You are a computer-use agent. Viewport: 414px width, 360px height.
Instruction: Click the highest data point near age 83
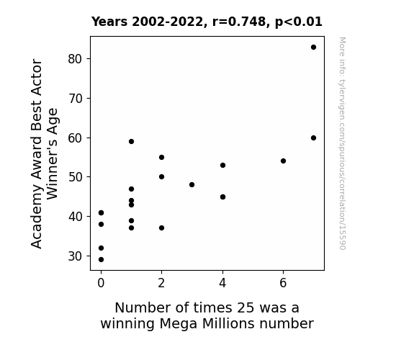pyautogui.click(x=313, y=48)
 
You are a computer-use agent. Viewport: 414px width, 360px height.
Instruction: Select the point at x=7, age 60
pyautogui.click(x=313, y=138)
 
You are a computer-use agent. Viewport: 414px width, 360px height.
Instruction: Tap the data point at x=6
pyautogui.click(x=283, y=161)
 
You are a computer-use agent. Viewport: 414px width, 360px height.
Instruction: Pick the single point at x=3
pyautogui.click(x=192, y=184)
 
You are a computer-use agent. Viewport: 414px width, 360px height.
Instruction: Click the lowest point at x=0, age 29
pyautogui.click(x=101, y=260)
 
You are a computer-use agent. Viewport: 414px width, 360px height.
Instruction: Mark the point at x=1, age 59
pyautogui.click(x=132, y=142)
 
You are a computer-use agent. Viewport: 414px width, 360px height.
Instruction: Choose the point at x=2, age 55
pyautogui.click(x=161, y=158)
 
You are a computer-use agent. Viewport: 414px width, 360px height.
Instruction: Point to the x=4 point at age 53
pyautogui.click(x=222, y=166)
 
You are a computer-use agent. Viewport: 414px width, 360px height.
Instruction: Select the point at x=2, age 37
pyautogui.click(x=161, y=228)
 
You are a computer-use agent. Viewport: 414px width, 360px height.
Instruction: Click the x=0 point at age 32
pyautogui.click(x=101, y=248)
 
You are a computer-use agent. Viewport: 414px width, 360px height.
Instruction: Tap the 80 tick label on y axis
pyautogui.click(x=75, y=58)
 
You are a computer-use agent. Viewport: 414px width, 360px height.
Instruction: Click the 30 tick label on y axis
pyautogui.click(x=75, y=256)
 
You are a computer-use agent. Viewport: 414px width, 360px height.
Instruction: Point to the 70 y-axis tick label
pyautogui.click(x=75, y=99)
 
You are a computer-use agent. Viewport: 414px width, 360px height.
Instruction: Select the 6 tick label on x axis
pyautogui.click(x=283, y=283)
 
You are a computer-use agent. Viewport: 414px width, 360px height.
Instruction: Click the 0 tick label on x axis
pyautogui.click(x=101, y=283)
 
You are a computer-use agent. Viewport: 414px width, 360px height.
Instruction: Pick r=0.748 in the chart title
pyautogui.click(x=240, y=22)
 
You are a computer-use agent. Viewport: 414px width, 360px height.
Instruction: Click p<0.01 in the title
pyautogui.click(x=299, y=22)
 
